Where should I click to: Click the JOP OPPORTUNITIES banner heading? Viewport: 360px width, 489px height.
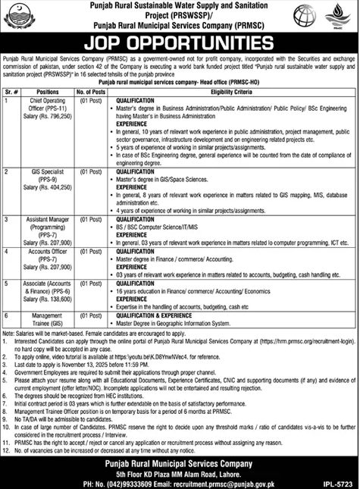click(180, 38)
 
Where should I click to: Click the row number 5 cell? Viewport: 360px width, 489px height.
click(6, 280)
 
